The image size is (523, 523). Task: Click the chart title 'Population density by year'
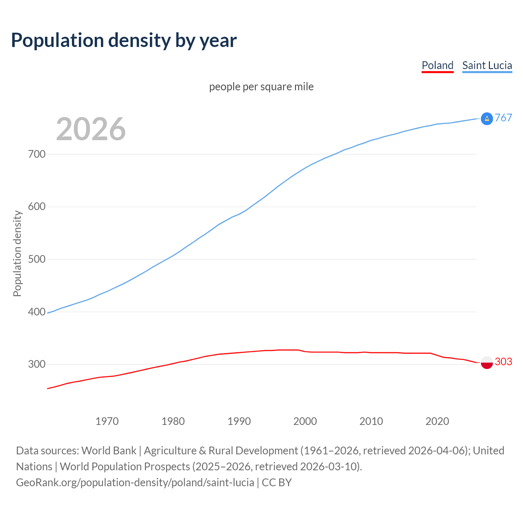(x=124, y=40)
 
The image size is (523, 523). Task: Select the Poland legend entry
(x=437, y=65)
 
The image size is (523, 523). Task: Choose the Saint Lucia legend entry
(x=487, y=65)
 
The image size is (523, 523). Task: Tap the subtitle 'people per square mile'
(x=261, y=87)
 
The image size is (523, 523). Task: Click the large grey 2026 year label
(x=91, y=129)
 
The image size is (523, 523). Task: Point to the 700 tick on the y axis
(x=37, y=154)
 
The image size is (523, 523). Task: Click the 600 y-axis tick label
(x=37, y=207)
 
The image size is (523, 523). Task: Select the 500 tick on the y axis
(x=37, y=259)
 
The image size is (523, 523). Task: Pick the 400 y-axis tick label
(x=37, y=312)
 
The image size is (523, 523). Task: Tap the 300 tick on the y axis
(x=37, y=364)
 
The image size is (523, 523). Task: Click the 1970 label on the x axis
(x=107, y=421)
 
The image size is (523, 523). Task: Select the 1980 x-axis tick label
(x=173, y=421)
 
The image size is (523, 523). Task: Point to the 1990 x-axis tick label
(x=239, y=421)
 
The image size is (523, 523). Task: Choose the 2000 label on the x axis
(x=305, y=421)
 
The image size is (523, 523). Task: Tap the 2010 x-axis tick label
(x=371, y=421)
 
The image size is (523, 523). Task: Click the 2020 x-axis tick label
(x=437, y=421)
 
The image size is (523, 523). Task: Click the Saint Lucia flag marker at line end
(x=487, y=118)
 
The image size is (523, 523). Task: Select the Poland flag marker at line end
(x=487, y=362)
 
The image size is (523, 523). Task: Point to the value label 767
(x=503, y=118)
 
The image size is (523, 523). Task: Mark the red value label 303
(x=503, y=362)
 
